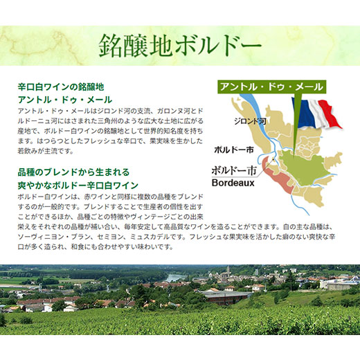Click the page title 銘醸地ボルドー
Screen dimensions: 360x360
(x=180, y=46)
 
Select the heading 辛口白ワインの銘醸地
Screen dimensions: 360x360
(x=61, y=87)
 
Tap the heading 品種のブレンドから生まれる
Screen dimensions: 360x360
(x=73, y=172)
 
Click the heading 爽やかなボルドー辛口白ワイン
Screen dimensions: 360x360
(x=78, y=185)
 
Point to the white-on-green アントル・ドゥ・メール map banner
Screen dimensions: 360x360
(x=272, y=87)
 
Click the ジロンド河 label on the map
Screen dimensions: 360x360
(x=250, y=121)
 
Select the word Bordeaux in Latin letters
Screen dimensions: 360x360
(x=233, y=183)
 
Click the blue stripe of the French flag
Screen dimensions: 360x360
(x=303, y=113)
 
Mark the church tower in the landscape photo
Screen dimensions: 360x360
(x=228, y=271)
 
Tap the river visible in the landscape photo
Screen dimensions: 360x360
(x=174, y=278)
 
